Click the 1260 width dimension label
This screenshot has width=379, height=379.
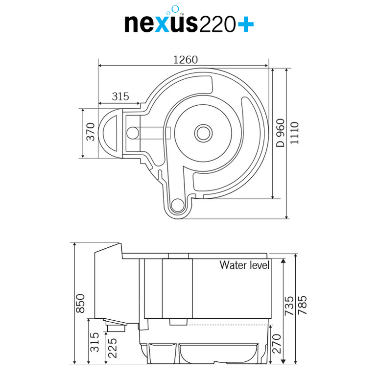tap(186, 60)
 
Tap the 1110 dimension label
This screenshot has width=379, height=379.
tap(294, 133)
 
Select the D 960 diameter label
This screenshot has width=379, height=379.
tap(281, 133)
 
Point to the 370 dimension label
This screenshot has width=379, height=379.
tap(91, 132)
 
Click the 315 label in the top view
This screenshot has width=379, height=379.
tap(120, 96)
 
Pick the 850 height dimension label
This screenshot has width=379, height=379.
tap(80, 303)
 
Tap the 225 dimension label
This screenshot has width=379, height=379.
tap(113, 348)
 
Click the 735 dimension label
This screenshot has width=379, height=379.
tap(289, 306)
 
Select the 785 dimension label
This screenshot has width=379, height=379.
tap(302, 305)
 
